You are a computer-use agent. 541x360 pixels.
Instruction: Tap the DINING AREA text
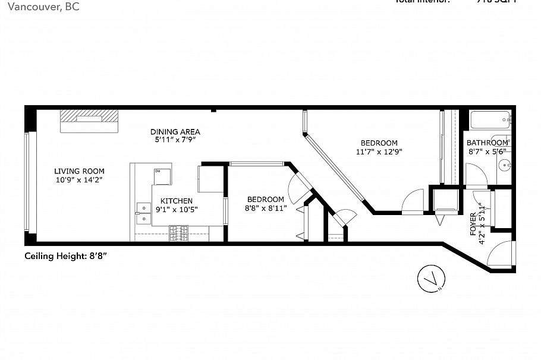click(175, 131)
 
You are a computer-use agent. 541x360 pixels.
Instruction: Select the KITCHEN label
click(176, 201)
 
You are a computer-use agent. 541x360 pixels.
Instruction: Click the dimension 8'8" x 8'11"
click(266, 208)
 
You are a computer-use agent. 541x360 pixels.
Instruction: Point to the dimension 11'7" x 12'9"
click(379, 151)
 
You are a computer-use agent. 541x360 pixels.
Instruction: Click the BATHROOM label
click(487, 143)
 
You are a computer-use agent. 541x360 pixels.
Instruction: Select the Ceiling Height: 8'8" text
click(65, 256)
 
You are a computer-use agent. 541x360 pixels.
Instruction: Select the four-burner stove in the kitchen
click(180, 234)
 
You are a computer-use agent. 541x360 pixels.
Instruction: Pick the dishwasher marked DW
click(162, 177)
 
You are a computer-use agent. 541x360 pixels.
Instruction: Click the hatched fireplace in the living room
click(89, 122)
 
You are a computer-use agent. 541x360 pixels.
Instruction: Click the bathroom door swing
click(476, 175)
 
